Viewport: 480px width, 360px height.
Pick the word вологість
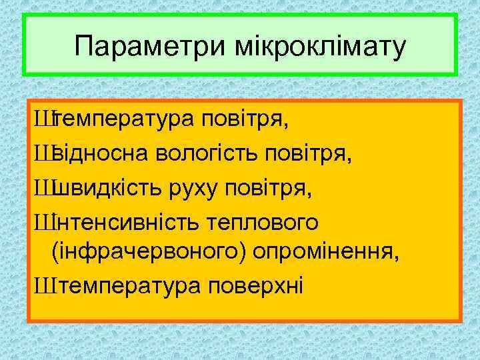pos(209,155)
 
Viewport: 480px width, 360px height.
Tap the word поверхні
pos(255,287)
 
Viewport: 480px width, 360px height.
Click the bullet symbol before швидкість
pos(43,188)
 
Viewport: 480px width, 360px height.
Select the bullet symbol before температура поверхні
pos(43,287)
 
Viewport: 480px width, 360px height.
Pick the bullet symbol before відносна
pos(43,155)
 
